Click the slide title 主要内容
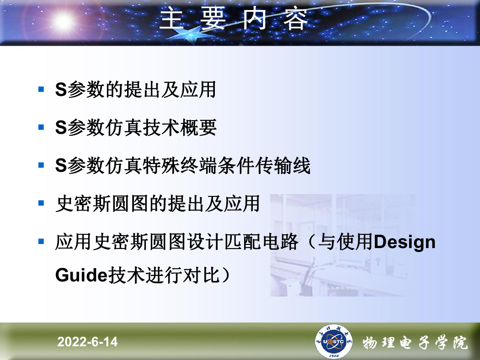point(234,19)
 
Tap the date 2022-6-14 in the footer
point(87,342)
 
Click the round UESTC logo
point(333,341)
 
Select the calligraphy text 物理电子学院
point(415,343)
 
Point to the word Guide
point(81,275)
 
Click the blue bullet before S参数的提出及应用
point(41,89)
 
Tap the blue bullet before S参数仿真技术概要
point(41,127)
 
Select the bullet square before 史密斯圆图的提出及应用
point(41,203)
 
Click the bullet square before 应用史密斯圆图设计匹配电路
point(41,242)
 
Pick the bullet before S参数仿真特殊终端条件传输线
point(41,165)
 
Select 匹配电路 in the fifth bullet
point(261,242)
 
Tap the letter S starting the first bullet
point(61,90)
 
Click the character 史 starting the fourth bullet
point(64,203)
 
